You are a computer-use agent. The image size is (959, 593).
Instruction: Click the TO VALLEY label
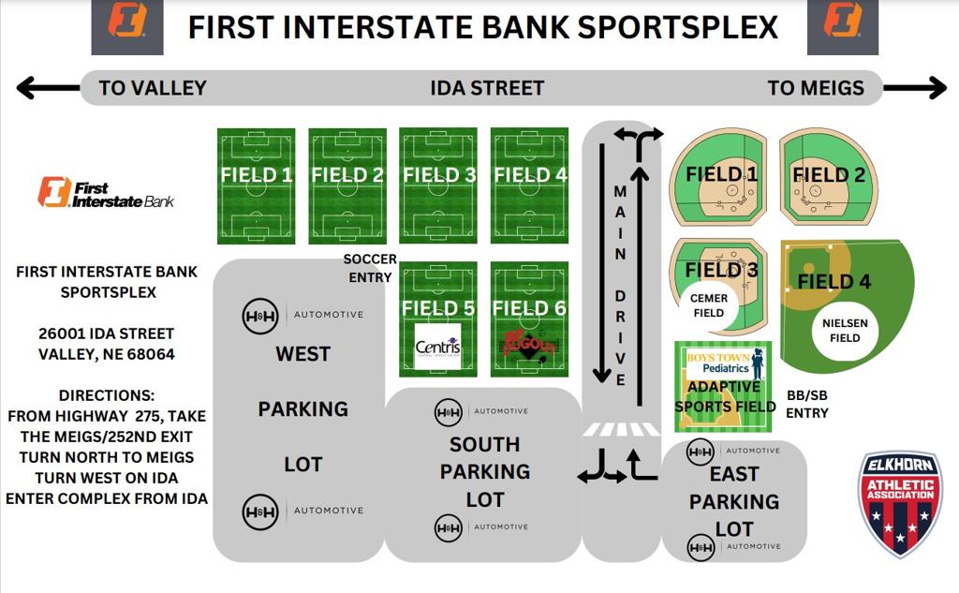(152, 88)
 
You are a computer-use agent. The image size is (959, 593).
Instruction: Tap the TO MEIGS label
(815, 88)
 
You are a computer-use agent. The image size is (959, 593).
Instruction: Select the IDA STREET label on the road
(487, 88)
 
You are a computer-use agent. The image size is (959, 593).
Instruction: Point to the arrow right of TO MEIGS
(915, 89)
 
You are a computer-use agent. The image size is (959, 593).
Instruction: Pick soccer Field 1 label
(256, 174)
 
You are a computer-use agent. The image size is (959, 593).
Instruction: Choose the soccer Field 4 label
(530, 174)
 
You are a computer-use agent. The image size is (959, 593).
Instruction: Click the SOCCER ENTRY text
(370, 268)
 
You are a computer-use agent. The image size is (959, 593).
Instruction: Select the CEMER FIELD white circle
(708, 306)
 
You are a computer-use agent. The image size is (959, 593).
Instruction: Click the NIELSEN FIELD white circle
(844, 330)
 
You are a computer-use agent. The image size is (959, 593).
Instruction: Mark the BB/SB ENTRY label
(806, 405)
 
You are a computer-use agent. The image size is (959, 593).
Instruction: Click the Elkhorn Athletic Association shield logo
(900, 504)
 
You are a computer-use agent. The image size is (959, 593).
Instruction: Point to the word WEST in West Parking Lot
(302, 354)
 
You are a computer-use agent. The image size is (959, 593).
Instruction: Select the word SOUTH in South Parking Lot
(484, 444)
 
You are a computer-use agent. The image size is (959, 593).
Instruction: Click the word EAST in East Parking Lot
(733, 474)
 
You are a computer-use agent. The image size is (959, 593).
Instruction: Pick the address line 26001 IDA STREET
(107, 334)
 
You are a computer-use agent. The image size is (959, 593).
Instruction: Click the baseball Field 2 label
(828, 174)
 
